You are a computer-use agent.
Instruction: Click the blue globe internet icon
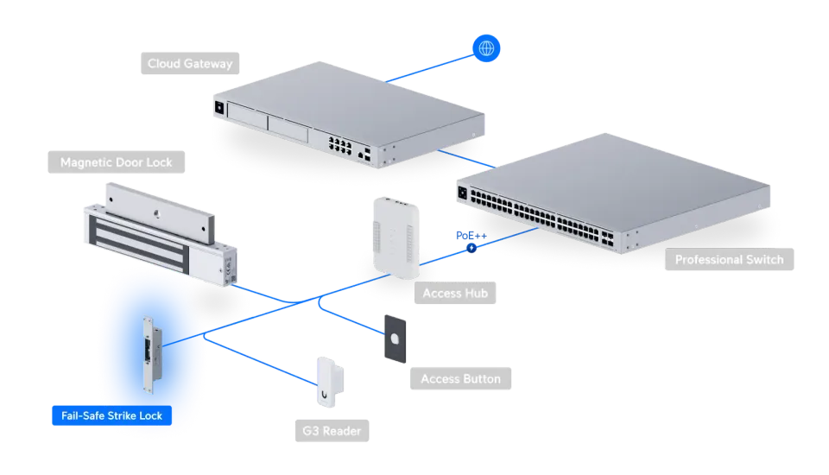point(486,48)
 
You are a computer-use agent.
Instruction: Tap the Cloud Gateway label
point(190,63)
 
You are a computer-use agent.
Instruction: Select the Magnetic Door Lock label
point(117,162)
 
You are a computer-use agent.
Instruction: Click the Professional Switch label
point(729,259)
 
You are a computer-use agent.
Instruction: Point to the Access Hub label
point(455,293)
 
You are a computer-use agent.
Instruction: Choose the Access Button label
point(460,379)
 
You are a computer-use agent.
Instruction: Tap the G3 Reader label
point(332,431)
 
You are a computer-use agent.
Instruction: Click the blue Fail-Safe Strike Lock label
point(111,415)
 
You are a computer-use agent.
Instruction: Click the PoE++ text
point(471,236)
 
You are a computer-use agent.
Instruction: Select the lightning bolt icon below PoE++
point(471,248)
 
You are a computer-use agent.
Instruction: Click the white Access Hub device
point(396,237)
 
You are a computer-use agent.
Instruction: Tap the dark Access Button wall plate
point(395,339)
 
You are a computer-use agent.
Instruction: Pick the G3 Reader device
point(329,382)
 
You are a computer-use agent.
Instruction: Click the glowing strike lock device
point(152,354)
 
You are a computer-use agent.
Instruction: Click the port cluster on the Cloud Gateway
point(340,145)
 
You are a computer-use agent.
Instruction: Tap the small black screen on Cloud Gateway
point(219,108)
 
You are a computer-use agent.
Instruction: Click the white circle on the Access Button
point(395,339)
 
